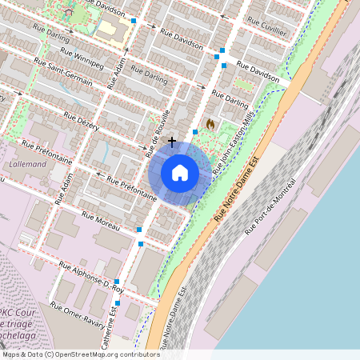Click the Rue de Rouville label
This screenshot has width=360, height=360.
(x=158, y=131)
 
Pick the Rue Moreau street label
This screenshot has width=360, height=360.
(x=100, y=221)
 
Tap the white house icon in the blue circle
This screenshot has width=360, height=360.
(x=180, y=173)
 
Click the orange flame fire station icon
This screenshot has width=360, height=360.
(x=210, y=124)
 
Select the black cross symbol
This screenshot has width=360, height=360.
(x=172, y=142)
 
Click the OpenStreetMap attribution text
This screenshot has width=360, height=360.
(x=80, y=354)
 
